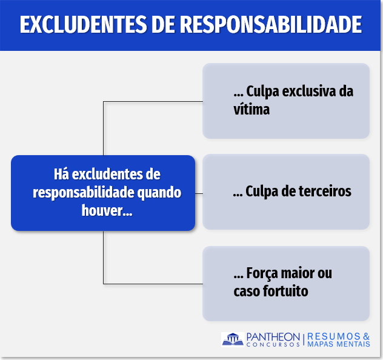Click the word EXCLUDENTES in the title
[x=83, y=24]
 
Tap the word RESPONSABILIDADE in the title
[x=271, y=24]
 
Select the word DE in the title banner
[x=163, y=24]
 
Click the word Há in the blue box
[x=61, y=174]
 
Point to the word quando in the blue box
[x=159, y=193]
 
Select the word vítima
[x=251, y=109]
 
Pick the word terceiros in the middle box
[x=325, y=191]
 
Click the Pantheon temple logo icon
[x=233, y=339]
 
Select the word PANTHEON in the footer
[x=273, y=337]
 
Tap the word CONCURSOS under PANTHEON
[x=273, y=344]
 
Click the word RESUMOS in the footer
[x=334, y=336]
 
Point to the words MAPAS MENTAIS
[x=339, y=344]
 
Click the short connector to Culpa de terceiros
[x=199, y=193]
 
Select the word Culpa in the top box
[x=262, y=92]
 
